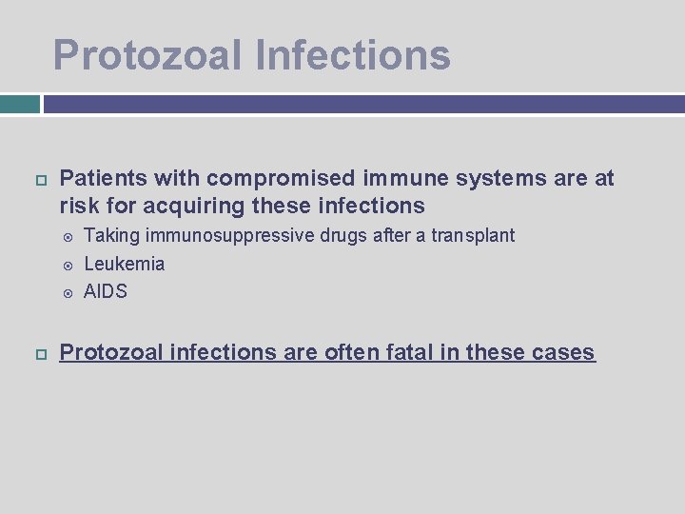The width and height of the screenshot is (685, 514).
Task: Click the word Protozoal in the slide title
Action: click(147, 54)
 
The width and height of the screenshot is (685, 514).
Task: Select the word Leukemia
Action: click(124, 264)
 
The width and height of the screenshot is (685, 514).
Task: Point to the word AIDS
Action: click(105, 291)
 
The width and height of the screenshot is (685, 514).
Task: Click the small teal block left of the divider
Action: click(19, 104)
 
